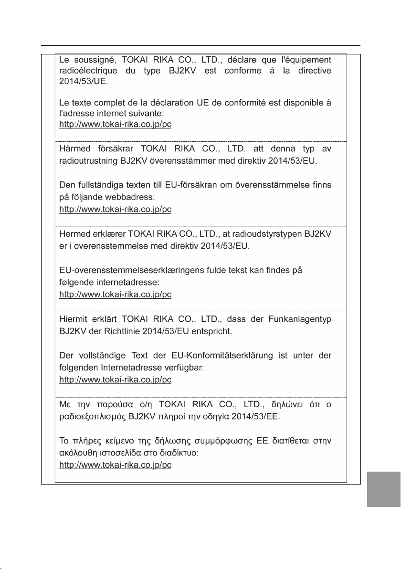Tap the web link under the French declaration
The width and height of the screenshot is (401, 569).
coord(115,124)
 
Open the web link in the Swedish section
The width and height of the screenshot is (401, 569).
coord(115,209)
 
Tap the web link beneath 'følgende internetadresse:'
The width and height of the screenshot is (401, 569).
coord(115,295)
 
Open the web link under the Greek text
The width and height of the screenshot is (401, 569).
coord(115,464)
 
